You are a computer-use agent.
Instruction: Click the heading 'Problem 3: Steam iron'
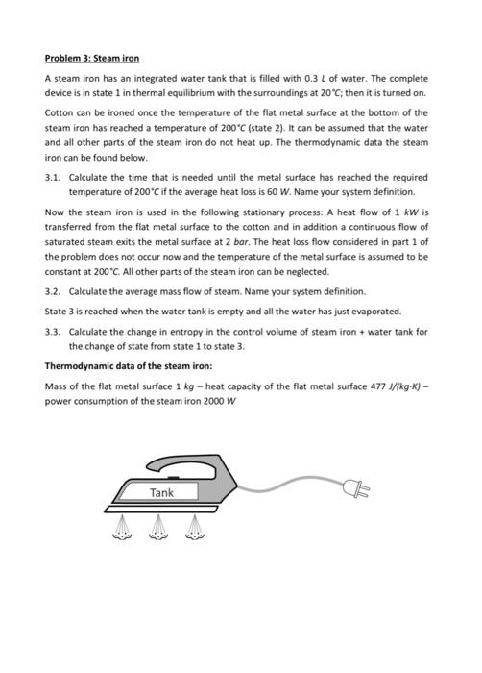pos(92,59)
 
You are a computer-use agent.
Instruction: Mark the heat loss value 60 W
pos(279,192)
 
